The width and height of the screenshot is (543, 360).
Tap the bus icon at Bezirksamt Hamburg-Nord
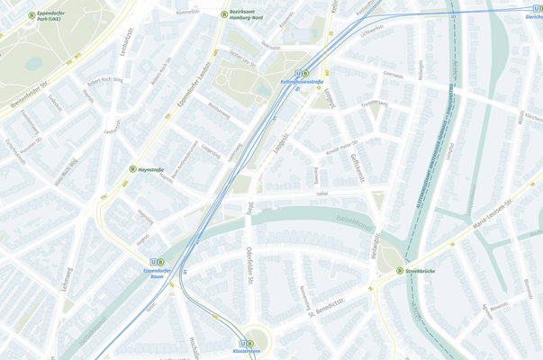click(x=224, y=14)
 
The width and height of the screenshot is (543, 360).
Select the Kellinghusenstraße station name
click(x=302, y=82)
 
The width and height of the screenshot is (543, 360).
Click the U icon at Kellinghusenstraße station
click(x=298, y=74)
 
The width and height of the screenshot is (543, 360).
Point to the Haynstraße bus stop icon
click(x=132, y=169)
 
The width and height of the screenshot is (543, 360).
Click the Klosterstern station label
click(x=246, y=351)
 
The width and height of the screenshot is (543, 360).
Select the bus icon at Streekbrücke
click(x=400, y=270)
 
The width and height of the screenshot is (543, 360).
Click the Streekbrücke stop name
click(x=421, y=270)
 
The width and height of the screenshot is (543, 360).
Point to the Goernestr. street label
click(x=393, y=76)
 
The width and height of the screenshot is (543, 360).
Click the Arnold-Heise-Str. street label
click(x=341, y=147)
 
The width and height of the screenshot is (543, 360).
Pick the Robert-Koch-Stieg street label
click(x=112, y=80)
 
